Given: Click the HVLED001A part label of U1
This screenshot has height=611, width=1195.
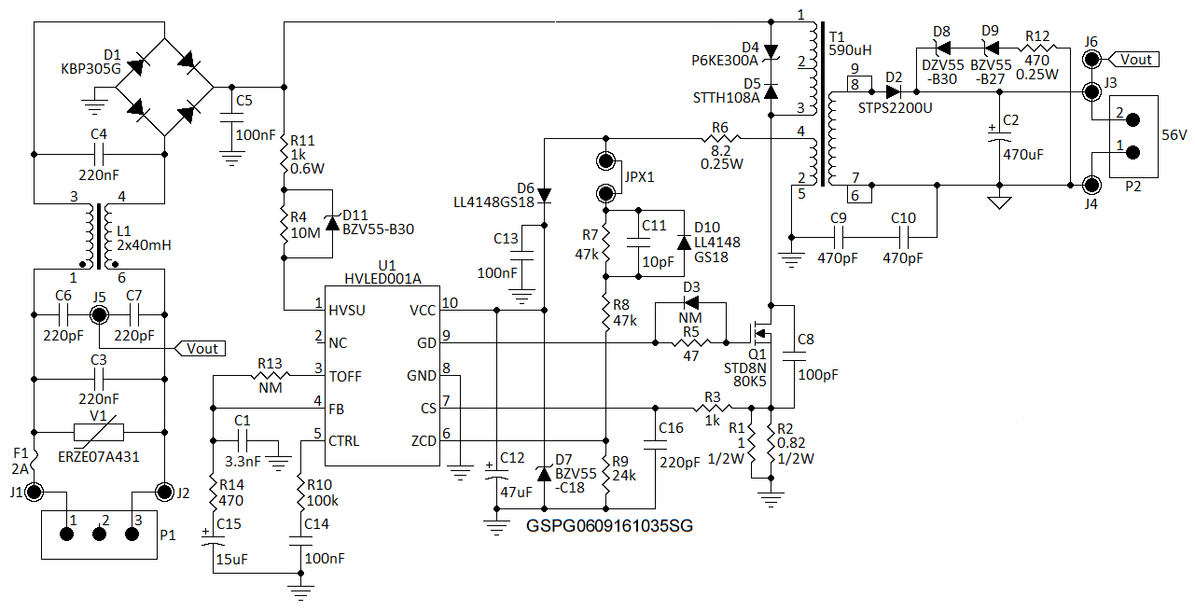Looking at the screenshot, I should click(x=382, y=278).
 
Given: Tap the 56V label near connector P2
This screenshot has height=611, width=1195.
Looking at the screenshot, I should click(x=1173, y=134).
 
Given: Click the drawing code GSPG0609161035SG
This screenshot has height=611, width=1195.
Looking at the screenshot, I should click(x=609, y=526).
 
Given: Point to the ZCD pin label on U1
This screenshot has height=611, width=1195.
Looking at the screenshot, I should click(x=424, y=441).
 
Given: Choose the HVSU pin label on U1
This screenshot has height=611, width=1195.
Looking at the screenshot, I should click(x=350, y=310).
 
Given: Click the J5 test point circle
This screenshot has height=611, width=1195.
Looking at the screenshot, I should click(x=98, y=314).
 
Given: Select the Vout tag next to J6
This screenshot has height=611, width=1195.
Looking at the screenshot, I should click(x=1135, y=60).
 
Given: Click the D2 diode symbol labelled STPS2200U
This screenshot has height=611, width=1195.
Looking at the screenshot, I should click(x=894, y=91).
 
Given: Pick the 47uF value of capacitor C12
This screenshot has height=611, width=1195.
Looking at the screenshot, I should click(x=517, y=491).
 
